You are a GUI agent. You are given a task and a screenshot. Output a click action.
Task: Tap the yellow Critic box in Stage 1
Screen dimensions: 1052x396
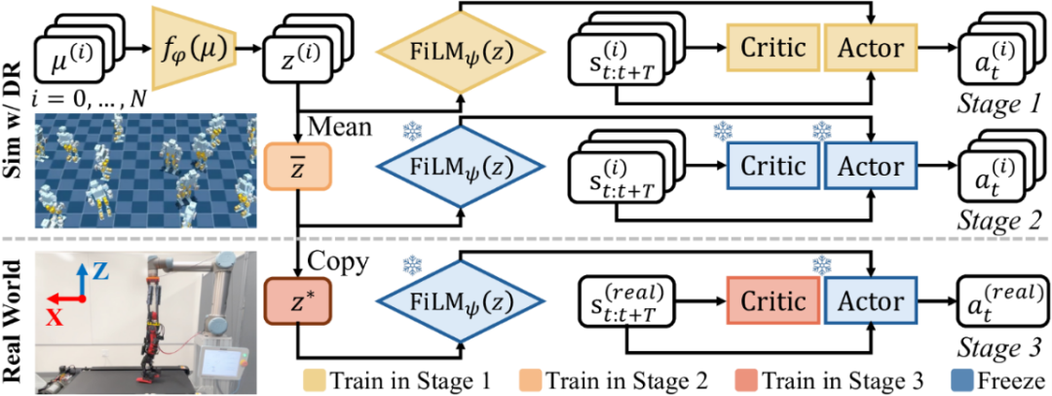click(772, 48)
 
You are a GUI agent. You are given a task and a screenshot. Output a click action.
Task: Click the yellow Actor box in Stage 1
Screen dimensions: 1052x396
click(870, 48)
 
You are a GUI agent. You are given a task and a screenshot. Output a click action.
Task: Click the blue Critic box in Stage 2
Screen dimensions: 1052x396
click(772, 166)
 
